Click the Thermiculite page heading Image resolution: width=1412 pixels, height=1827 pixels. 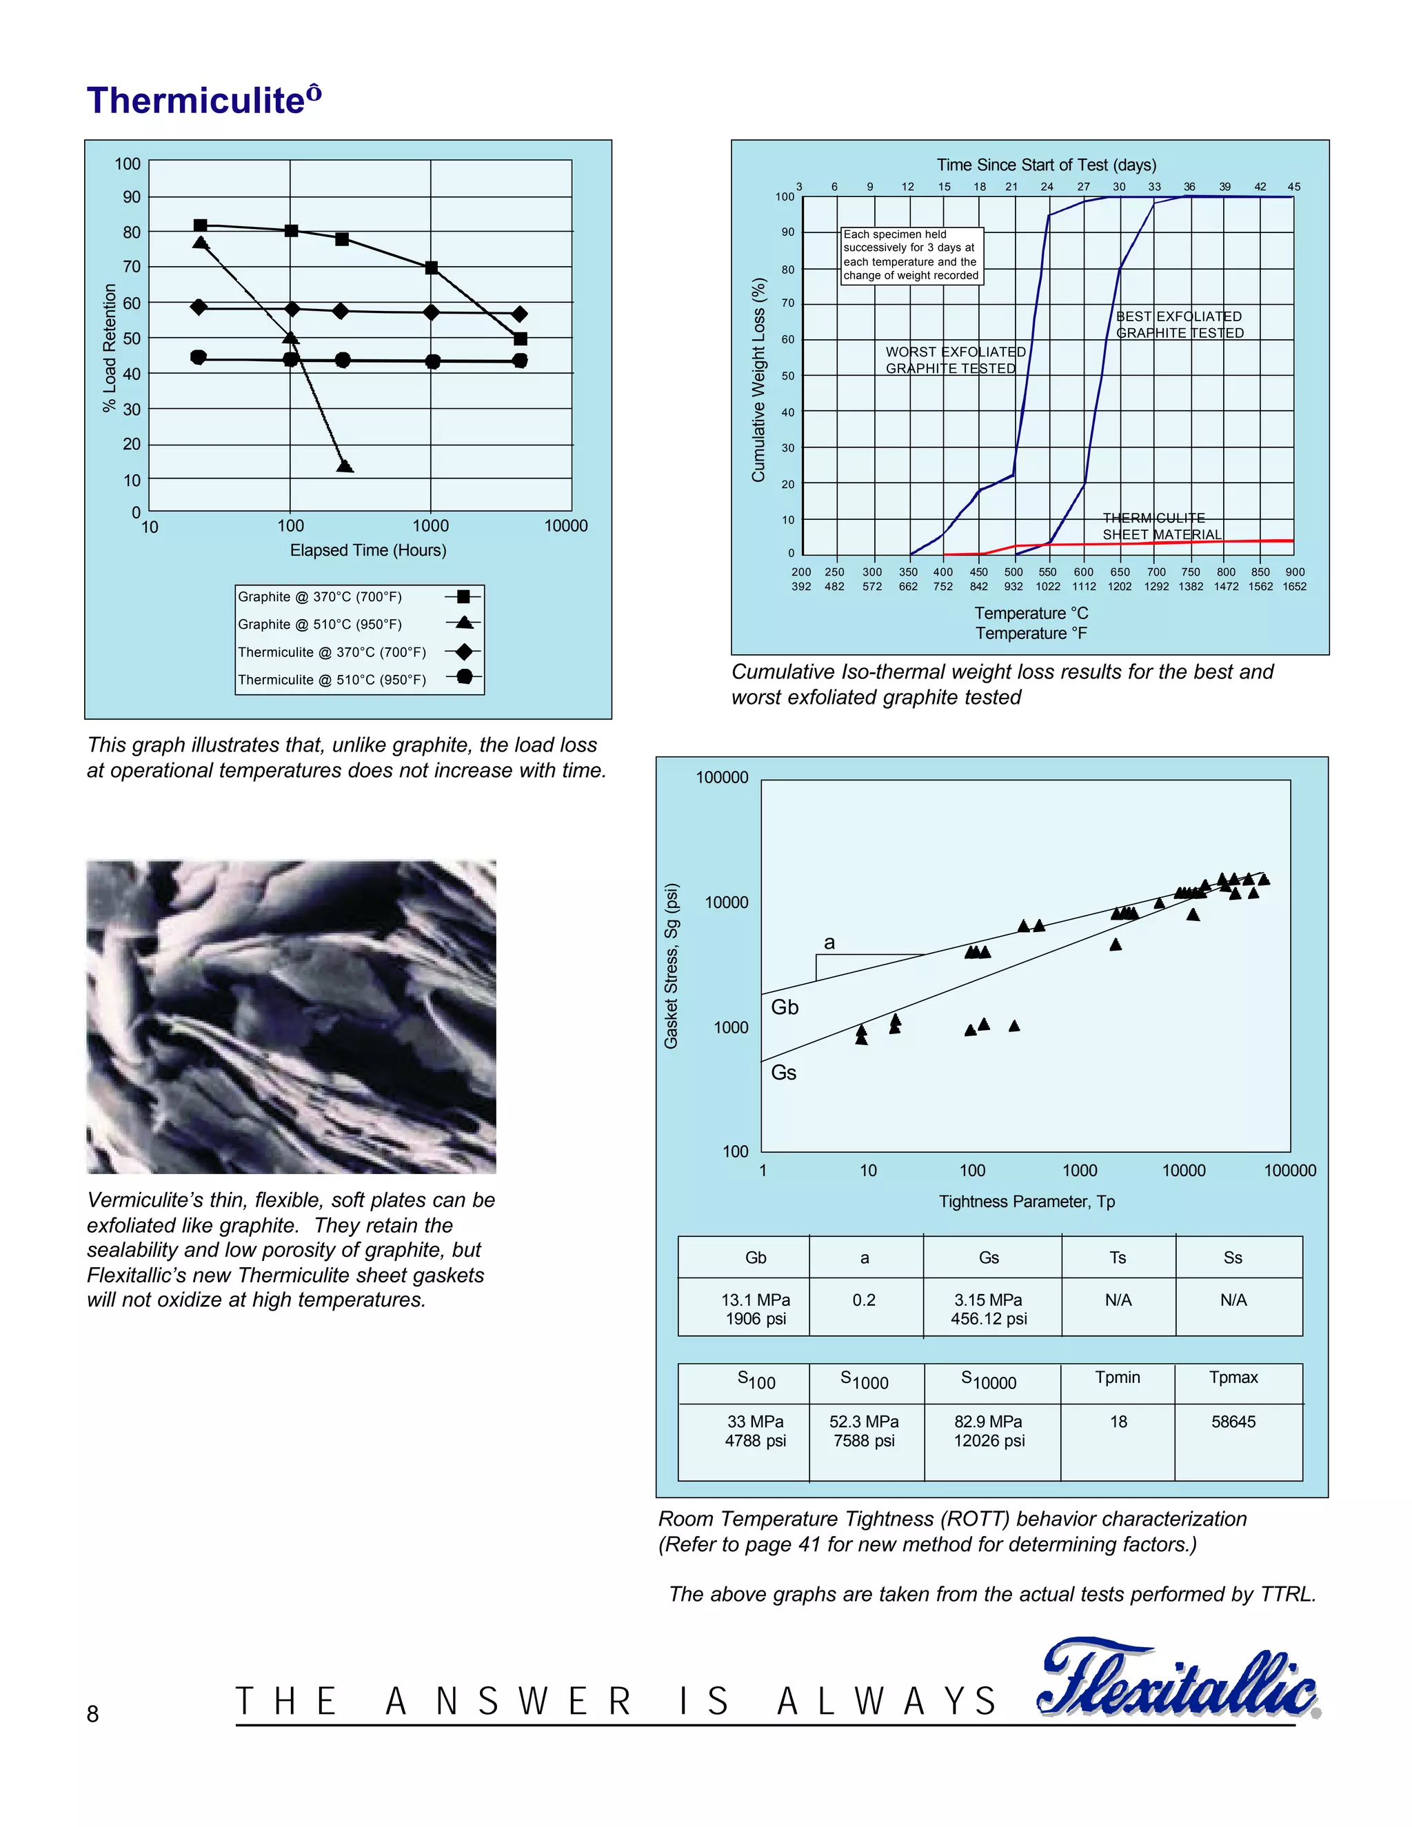pyautogui.click(x=203, y=101)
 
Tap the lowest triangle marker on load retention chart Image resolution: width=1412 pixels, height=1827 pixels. pyautogui.click(x=345, y=466)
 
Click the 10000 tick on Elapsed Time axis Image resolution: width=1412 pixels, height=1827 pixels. pyautogui.click(x=565, y=526)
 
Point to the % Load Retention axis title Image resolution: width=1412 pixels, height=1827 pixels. pyautogui.click(x=110, y=348)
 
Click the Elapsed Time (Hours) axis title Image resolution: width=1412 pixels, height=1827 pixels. pyautogui.click(x=368, y=550)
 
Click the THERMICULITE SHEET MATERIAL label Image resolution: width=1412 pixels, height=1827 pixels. pyautogui.click(x=1161, y=526)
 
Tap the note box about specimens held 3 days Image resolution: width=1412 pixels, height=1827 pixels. pyautogui.click(x=911, y=255)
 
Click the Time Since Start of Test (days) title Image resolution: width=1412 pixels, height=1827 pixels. pyautogui.click(x=1046, y=165)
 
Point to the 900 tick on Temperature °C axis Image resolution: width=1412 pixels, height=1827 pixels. pyautogui.click(x=1294, y=572)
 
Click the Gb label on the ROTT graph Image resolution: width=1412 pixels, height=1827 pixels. pyautogui.click(x=785, y=1007)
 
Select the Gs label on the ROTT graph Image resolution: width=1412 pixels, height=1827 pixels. pyautogui.click(x=783, y=1073)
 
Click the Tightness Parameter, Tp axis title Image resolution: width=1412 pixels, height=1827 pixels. pyautogui.click(x=1027, y=1201)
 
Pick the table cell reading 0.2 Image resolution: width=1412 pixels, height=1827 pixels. pyautogui.click(x=864, y=1300)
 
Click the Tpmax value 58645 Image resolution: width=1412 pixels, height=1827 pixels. pyautogui.click(x=1233, y=1422)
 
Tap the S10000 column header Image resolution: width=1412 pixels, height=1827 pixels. pyautogui.click(x=989, y=1381)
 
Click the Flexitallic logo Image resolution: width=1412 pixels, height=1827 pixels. pyautogui.click(x=1178, y=1679)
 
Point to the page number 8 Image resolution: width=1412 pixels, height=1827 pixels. pyautogui.click(x=93, y=1714)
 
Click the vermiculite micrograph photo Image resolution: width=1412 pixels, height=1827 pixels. pyautogui.click(x=291, y=1016)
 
